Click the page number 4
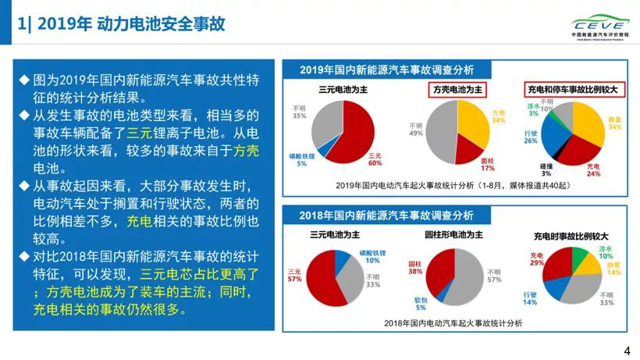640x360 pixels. pos(627,351)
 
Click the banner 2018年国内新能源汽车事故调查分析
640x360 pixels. pos(387,215)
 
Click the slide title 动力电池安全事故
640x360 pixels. pos(161,24)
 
